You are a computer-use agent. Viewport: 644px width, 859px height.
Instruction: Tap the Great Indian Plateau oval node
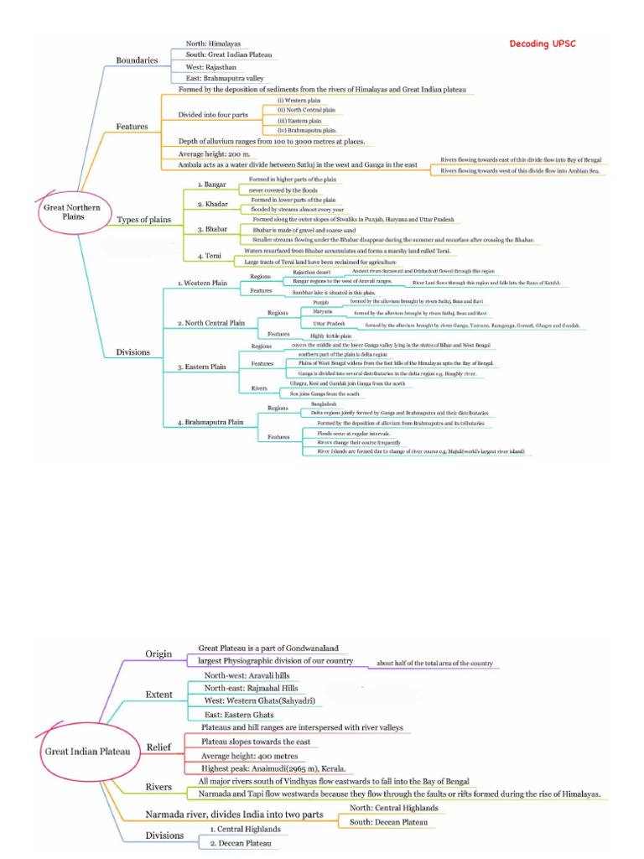(x=86, y=752)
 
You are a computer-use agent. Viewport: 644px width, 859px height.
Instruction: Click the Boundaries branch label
(x=137, y=60)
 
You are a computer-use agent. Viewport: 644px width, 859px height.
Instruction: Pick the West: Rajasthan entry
(x=211, y=65)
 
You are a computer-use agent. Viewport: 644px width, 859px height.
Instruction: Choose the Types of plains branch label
(x=143, y=220)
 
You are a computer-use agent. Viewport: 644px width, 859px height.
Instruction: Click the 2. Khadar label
(x=213, y=204)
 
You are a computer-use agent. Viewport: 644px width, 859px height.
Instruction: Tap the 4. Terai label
(x=210, y=255)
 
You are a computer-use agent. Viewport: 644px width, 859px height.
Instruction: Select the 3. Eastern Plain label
(x=202, y=367)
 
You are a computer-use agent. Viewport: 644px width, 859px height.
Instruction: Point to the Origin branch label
(x=158, y=654)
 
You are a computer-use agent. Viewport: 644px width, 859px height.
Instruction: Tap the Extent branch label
(x=159, y=695)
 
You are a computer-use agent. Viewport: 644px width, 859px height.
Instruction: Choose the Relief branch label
(x=158, y=747)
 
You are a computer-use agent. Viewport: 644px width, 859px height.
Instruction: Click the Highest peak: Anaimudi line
(x=273, y=768)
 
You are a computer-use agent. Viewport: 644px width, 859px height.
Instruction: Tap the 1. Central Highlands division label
(x=245, y=829)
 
